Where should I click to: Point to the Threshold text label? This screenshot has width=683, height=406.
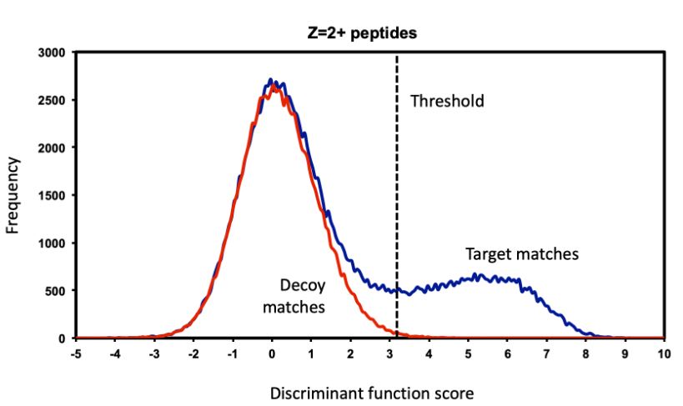(447, 102)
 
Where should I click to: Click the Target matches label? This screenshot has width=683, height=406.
(521, 253)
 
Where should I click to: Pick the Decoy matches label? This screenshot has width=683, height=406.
(294, 297)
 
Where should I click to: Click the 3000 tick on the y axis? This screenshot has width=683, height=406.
(53, 53)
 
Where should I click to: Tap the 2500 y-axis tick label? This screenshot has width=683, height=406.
(53, 100)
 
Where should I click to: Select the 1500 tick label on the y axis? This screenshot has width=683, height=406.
(53, 195)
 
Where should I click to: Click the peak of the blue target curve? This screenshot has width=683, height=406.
(270, 80)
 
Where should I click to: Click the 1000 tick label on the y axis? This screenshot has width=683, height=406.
(53, 243)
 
